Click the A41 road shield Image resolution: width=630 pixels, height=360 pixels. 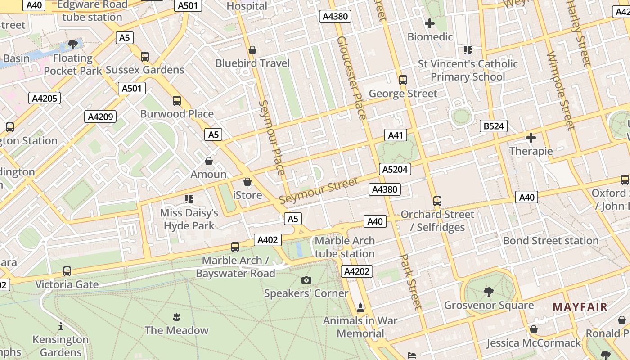(x=396, y=135)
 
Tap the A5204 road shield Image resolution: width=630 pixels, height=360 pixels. (x=395, y=169)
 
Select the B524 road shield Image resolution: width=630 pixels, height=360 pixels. (x=493, y=126)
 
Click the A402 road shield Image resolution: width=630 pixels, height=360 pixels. (x=267, y=240)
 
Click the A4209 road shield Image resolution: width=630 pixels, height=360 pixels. (x=100, y=117)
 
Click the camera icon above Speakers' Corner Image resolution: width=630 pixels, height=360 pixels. (x=306, y=280)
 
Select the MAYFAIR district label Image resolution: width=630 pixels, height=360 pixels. (x=580, y=307)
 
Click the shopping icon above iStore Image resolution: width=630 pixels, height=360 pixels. (x=247, y=182)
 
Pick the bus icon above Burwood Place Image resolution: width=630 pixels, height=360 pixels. (x=177, y=101)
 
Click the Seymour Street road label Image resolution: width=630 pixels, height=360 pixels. (x=319, y=190)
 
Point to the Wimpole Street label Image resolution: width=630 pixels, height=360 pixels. (x=561, y=90)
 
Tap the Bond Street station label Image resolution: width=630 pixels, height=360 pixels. (x=550, y=241)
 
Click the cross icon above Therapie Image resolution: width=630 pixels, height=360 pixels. (x=531, y=138)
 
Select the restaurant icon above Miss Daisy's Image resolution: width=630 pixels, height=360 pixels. (x=189, y=199)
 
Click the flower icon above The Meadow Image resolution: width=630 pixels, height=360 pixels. (x=176, y=317)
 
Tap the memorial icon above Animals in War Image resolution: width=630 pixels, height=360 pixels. (x=360, y=308)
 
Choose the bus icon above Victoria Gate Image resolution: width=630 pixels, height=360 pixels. (x=67, y=271)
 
